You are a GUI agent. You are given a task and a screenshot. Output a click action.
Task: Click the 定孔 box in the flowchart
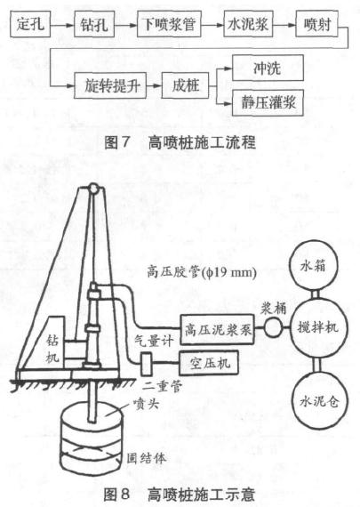click(x=30, y=24)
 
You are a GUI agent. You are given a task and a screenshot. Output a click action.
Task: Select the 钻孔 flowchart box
click(x=94, y=24)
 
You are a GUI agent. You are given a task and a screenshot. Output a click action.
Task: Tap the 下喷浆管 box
click(x=169, y=24)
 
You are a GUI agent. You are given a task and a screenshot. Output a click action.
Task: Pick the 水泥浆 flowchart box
click(x=248, y=24)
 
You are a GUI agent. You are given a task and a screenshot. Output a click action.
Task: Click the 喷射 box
click(x=317, y=24)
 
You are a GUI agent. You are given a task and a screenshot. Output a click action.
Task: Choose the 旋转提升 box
click(x=110, y=85)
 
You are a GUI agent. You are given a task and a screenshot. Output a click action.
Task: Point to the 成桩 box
click(x=185, y=85)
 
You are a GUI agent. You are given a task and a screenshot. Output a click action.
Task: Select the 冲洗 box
click(x=268, y=68)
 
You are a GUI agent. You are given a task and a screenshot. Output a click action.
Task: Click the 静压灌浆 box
click(x=268, y=103)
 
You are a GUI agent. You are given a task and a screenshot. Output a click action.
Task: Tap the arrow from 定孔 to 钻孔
click(x=62, y=25)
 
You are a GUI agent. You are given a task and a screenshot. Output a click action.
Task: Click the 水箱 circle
click(x=313, y=266)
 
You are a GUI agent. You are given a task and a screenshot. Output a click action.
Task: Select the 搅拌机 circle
click(x=318, y=327)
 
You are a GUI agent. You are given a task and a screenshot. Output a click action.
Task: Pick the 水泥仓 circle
click(x=319, y=400)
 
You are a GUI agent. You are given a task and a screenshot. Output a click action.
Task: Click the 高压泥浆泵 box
click(x=217, y=329)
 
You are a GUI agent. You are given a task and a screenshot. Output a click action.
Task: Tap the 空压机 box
click(x=209, y=363)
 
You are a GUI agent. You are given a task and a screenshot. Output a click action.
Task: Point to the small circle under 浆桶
click(x=273, y=328)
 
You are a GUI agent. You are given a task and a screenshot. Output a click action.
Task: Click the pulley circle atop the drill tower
click(x=93, y=188)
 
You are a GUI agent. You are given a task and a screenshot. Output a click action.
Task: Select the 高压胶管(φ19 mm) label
click(x=202, y=272)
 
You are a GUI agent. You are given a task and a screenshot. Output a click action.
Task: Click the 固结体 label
click(x=147, y=458)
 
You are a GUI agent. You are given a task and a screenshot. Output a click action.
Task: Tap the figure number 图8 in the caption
click(x=116, y=494)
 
